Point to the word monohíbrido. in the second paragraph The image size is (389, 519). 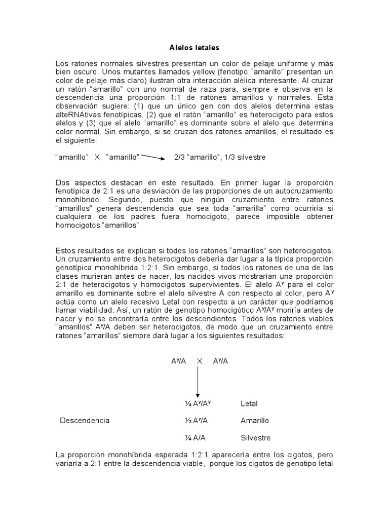76,199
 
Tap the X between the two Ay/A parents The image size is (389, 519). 200,361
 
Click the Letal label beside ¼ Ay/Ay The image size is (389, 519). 249,404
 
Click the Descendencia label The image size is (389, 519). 85,421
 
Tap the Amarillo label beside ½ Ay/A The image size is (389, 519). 255,421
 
